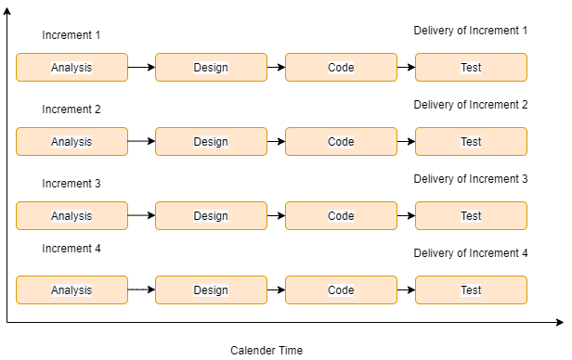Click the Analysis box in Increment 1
click(71, 68)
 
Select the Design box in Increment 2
click(211, 142)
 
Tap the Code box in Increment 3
click(341, 216)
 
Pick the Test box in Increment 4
click(471, 290)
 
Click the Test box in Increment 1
click(471, 68)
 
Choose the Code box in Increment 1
click(341, 68)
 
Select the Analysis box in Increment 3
click(71, 216)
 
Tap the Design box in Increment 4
click(211, 290)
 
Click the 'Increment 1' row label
click(71, 35)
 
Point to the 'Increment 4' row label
click(71, 249)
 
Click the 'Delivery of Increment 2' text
click(470, 105)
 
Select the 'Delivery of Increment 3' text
click(470, 179)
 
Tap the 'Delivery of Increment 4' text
click(470, 253)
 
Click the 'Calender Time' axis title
click(266, 351)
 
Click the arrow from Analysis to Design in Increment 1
click(141, 68)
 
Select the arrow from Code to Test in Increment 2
click(406, 142)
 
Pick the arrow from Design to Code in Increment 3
click(276, 216)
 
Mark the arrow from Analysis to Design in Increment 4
click(141, 290)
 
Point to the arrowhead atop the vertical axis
click(7, 12)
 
